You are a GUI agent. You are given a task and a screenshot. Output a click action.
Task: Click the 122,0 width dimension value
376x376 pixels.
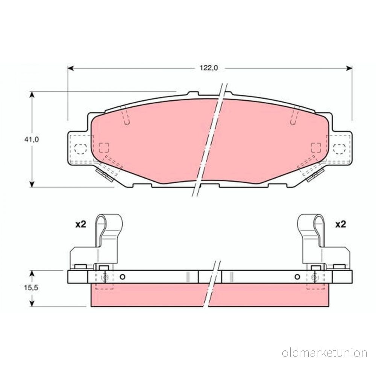[x=209, y=68]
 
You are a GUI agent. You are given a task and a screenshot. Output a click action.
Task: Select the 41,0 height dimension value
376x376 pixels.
[x=32, y=139]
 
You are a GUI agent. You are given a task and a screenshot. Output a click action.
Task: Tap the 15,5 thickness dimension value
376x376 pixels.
[x=31, y=288]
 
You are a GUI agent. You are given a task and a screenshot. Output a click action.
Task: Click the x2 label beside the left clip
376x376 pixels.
[x=80, y=224]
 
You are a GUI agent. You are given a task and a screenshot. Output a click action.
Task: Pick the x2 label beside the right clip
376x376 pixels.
[x=341, y=224]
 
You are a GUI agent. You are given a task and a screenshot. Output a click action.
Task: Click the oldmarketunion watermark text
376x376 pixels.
[x=324, y=353]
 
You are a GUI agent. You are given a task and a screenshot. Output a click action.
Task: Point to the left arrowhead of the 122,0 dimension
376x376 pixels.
[x=71, y=68]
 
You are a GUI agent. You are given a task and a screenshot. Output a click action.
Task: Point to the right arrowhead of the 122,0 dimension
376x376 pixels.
[x=349, y=68]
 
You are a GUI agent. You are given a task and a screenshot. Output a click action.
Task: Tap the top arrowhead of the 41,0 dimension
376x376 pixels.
[x=32, y=95]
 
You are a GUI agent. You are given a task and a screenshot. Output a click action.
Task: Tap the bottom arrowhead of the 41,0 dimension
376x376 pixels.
[x=32, y=184]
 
